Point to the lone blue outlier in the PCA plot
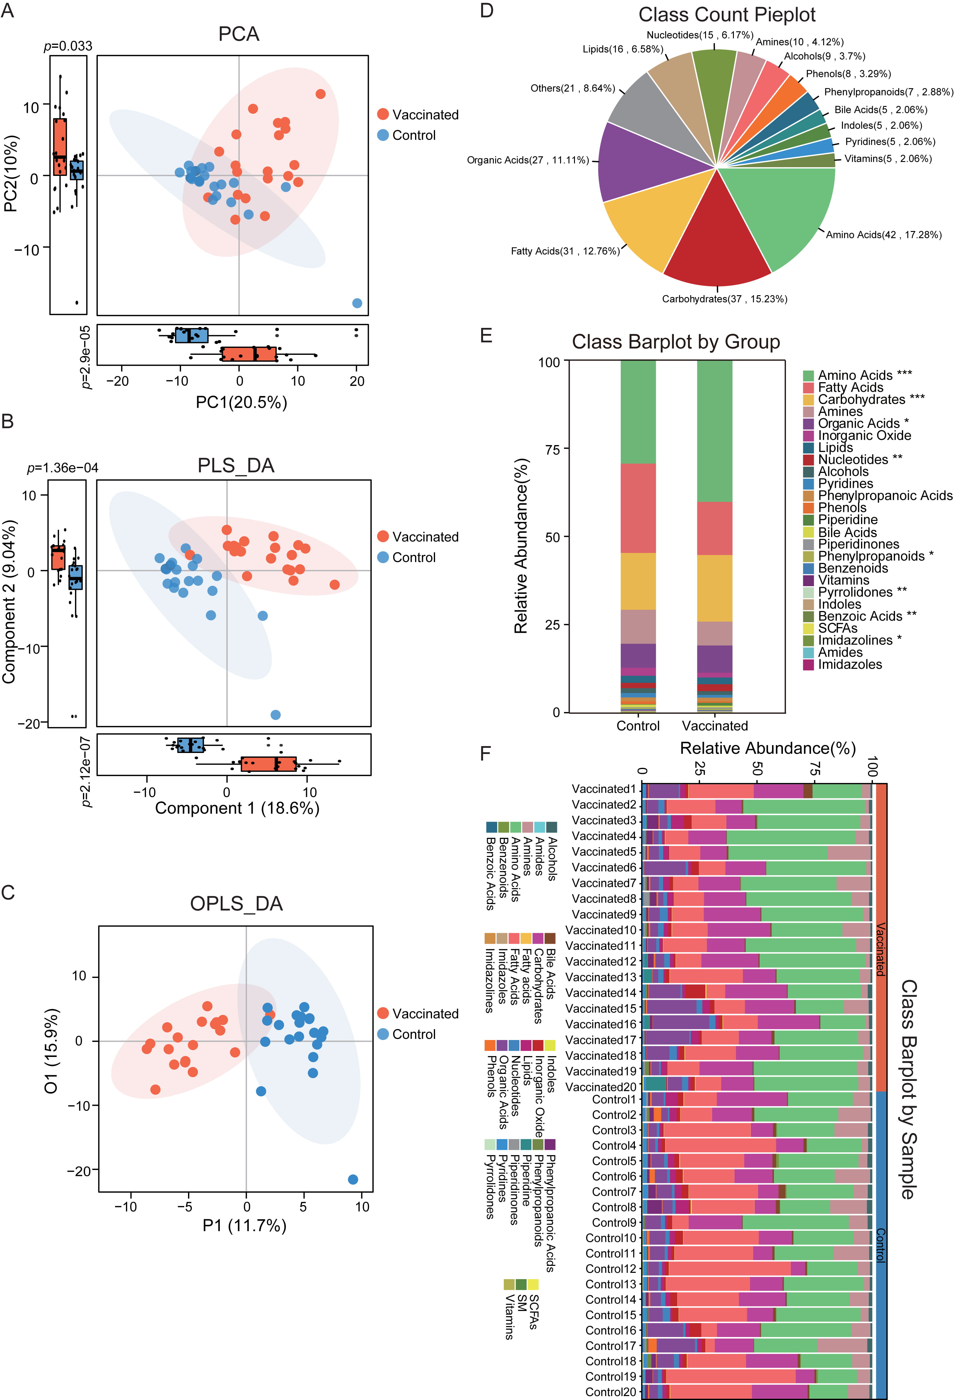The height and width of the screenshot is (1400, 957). (x=357, y=303)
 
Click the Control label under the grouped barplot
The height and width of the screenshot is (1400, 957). (x=638, y=726)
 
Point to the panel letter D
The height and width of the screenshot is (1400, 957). (x=487, y=11)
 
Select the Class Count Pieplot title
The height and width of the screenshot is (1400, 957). (x=727, y=15)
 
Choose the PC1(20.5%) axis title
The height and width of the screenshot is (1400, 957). (x=242, y=402)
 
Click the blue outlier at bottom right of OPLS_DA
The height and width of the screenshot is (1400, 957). (x=353, y=1180)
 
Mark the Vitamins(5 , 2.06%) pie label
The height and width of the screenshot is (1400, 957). (x=888, y=159)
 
